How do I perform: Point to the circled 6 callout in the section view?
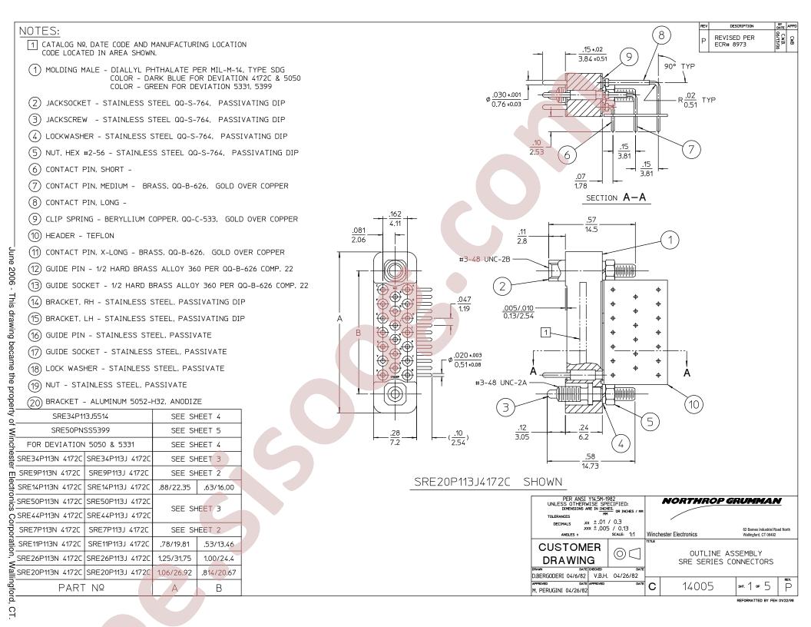coord(569,154)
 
